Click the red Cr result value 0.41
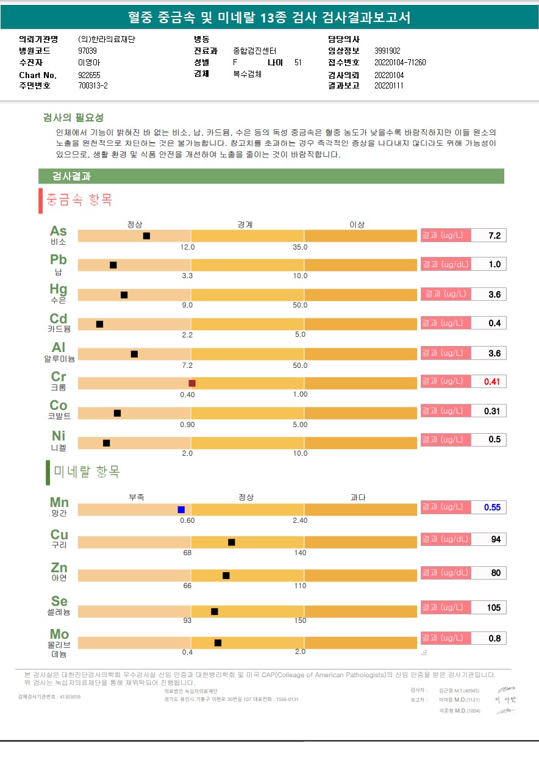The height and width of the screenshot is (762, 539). click(x=491, y=382)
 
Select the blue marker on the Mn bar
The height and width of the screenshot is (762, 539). click(x=181, y=509)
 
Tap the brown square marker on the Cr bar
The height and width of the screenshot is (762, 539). click(x=192, y=383)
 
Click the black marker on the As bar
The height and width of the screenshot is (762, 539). click(x=146, y=235)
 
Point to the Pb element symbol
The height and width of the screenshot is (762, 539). click(x=59, y=260)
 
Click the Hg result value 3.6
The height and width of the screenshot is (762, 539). click(x=494, y=294)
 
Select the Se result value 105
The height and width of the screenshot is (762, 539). click(x=493, y=608)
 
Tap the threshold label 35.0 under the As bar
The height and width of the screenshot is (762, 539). click(x=301, y=247)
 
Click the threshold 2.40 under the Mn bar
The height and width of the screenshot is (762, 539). click(x=300, y=520)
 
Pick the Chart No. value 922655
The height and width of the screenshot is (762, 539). click(x=90, y=75)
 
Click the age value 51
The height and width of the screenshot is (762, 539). click(x=298, y=62)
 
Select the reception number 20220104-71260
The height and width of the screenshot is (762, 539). click(x=400, y=62)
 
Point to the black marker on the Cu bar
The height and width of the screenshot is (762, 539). click(x=232, y=542)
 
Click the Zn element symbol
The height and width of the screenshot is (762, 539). click(x=59, y=569)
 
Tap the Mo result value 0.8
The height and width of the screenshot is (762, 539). click(x=494, y=638)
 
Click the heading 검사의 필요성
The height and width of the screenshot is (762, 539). click(x=74, y=118)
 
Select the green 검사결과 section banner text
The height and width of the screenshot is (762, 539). click(x=72, y=176)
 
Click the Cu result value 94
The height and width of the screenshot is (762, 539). click(x=495, y=539)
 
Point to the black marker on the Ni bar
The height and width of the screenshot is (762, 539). click(x=106, y=443)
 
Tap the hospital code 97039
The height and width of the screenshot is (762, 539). click(x=88, y=51)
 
